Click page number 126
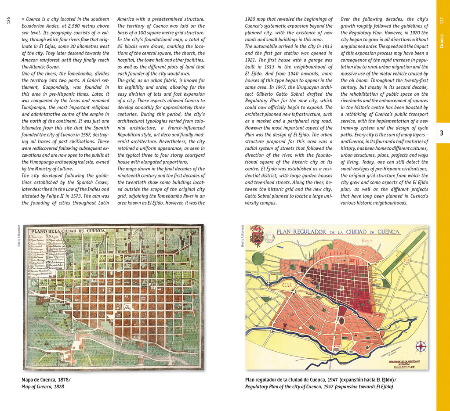point(8,20)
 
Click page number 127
point(442,21)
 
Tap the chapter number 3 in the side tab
point(442,133)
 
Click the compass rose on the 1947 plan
point(421,346)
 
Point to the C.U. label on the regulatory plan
point(287,286)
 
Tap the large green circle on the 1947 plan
point(258,258)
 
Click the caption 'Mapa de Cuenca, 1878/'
point(46,379)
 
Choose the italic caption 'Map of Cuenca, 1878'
point(43,387)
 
